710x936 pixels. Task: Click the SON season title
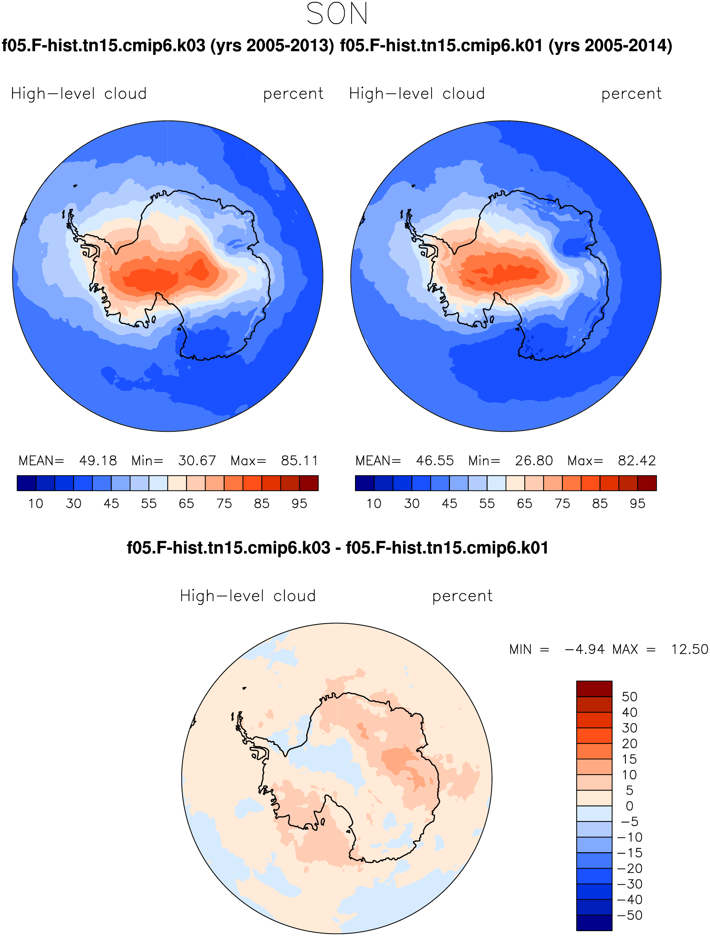click(337, 14)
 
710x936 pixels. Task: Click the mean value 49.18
click(98, 461)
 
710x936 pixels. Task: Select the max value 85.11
click(299, 461)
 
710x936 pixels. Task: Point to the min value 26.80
click(534, 461)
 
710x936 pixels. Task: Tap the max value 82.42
click(637, 461)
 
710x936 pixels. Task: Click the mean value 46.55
click(435, 461)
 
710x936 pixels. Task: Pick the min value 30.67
click(197, 461)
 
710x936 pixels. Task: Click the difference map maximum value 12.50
click(689, 649)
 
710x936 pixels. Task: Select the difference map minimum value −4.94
click(585, 649)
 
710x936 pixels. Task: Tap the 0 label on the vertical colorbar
click(630, 806)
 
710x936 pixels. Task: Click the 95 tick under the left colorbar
click(299, 504)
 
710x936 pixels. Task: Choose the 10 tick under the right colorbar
click(374, 504)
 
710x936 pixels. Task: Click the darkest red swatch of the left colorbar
click(309, 483)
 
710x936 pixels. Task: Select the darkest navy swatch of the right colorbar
click(364, 483)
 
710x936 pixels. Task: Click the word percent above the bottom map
click(462, 596)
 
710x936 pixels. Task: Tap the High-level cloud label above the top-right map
click(417, 93)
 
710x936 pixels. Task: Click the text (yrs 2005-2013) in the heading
click(272, 45)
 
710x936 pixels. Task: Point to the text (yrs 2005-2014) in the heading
click(611, 45)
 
